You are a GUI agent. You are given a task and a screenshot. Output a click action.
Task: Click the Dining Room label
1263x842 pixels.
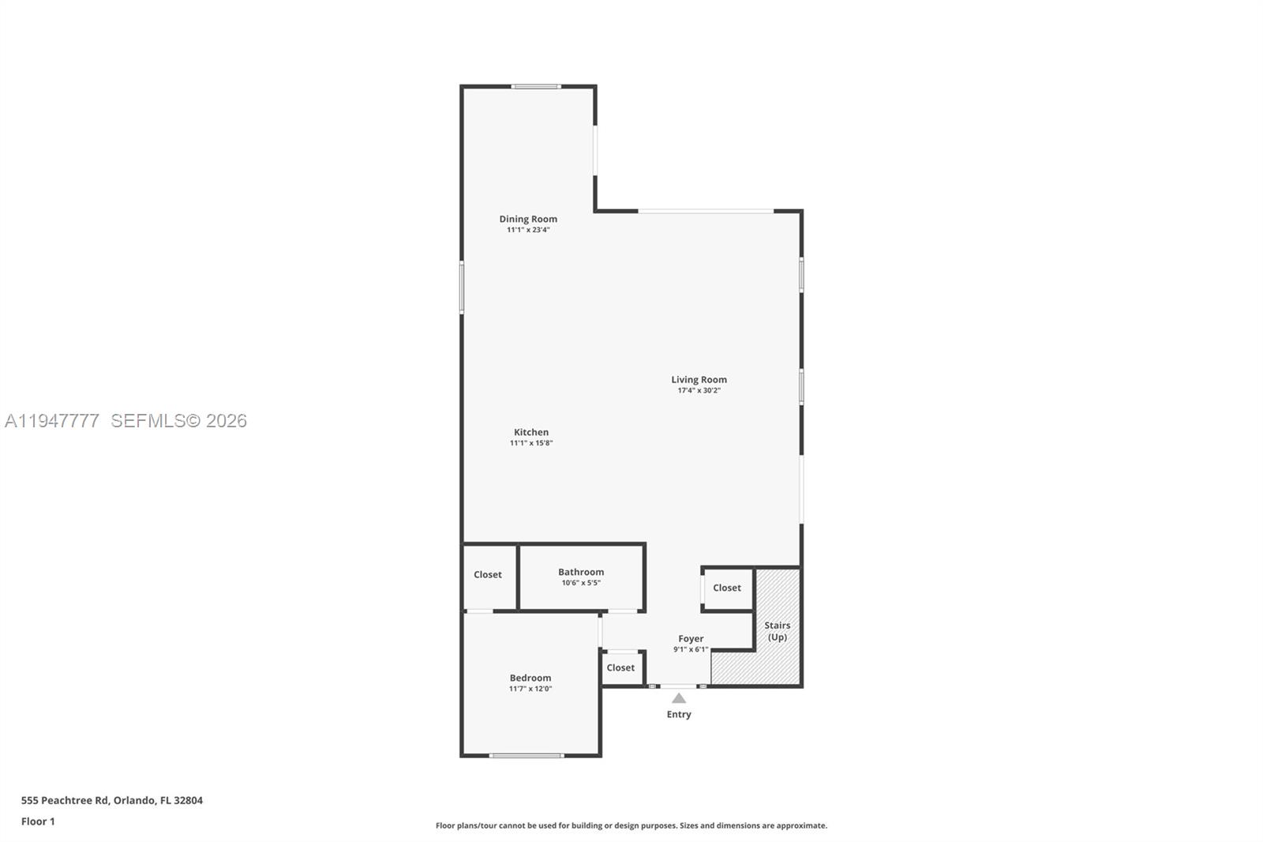[528, 219]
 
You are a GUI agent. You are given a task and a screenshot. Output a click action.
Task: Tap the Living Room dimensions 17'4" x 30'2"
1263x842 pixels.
[699, 390]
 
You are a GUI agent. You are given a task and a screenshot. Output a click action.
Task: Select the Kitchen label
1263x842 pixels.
[531, 432]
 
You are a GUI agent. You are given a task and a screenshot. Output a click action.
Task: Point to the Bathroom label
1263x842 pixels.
[581, 572]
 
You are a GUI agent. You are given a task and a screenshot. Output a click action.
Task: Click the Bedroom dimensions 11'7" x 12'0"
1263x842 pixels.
[530, 689]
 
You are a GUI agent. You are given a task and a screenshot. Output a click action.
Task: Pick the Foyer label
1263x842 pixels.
[691, 638]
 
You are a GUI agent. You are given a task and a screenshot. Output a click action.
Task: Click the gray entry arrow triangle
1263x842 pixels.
[679, 698]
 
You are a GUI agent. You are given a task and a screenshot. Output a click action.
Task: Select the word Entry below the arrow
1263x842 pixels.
[679, 714]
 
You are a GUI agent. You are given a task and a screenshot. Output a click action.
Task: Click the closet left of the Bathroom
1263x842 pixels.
[488, 575]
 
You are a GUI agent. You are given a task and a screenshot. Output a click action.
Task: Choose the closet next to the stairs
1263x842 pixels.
[727, 588]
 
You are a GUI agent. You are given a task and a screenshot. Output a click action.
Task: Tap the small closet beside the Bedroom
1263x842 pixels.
[620, 667]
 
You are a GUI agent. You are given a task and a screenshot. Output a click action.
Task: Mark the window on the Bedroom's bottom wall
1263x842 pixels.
[527, 756]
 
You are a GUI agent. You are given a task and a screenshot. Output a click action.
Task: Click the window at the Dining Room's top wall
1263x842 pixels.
[536, 86]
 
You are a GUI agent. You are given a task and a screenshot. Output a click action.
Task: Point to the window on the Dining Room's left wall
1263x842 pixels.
[462, 288]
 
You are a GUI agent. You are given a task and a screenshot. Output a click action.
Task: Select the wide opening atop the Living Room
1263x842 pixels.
[706, 211]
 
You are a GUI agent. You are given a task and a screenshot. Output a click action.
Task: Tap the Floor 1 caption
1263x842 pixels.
[38, 821]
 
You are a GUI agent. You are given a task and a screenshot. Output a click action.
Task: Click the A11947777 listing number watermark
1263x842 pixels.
[52, 421]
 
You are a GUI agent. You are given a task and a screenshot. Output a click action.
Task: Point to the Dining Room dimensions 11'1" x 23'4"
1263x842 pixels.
[528, 230]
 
